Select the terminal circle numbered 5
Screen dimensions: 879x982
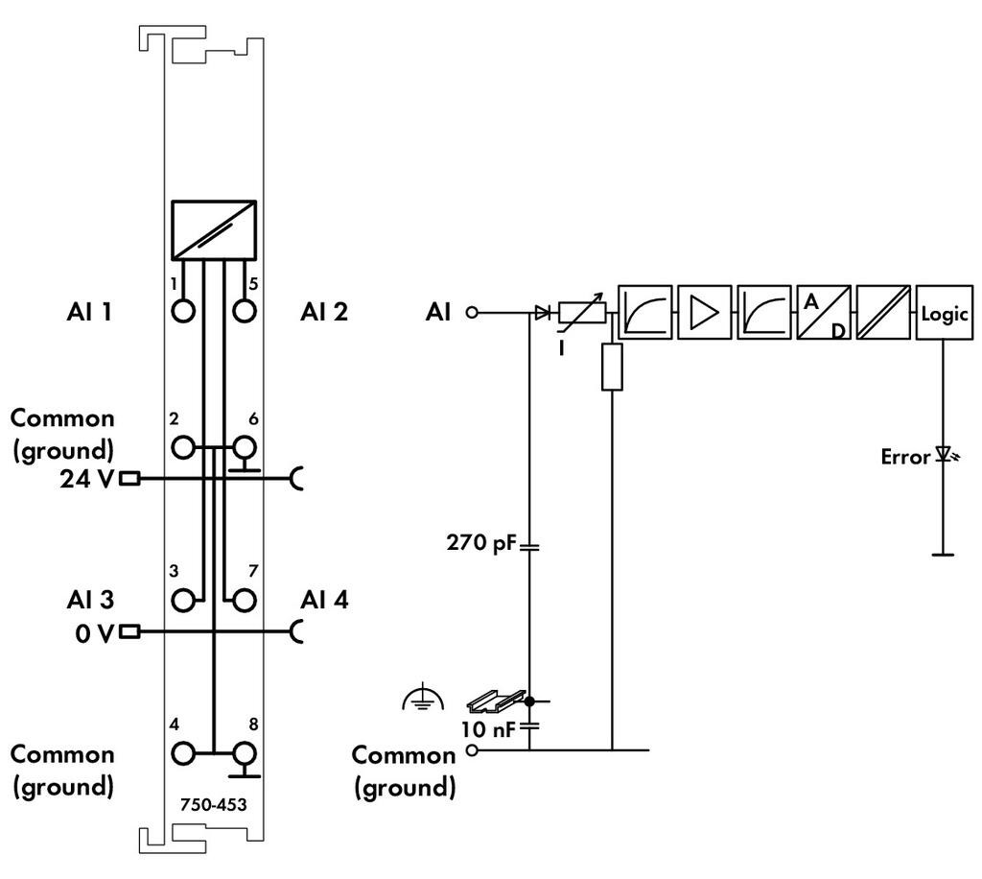(245, 312)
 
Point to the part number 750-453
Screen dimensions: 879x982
(213, 804)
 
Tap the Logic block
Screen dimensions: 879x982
(944, 313)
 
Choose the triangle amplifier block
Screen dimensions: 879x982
(705, 313)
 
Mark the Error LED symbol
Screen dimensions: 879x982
(944, 456)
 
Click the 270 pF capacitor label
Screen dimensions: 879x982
(480, 544)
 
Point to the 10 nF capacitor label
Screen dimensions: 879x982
(488, 729)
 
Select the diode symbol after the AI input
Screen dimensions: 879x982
(543, 312)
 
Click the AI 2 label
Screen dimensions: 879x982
(323, 311)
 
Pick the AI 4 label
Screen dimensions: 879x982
(324, 600)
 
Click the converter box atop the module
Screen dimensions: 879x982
(214, 230)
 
